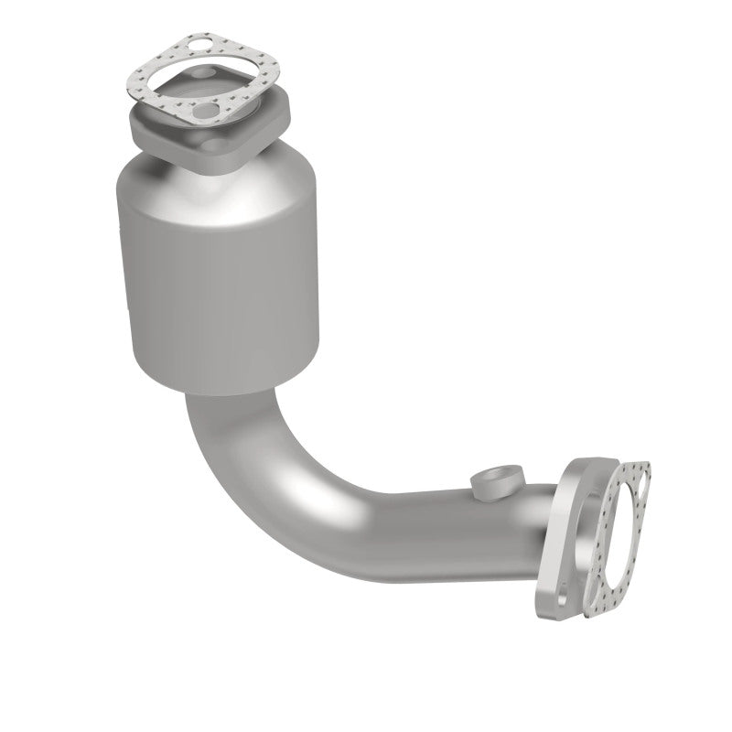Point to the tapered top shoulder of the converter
tap(220, 178)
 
